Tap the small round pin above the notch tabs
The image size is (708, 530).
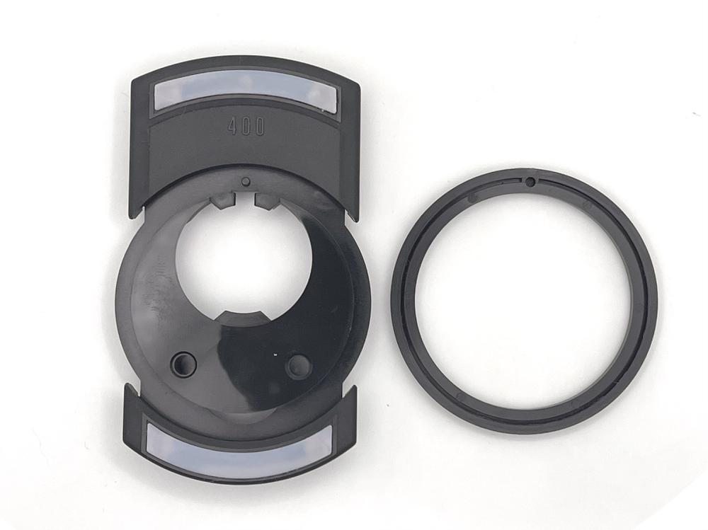click(246, 182)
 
